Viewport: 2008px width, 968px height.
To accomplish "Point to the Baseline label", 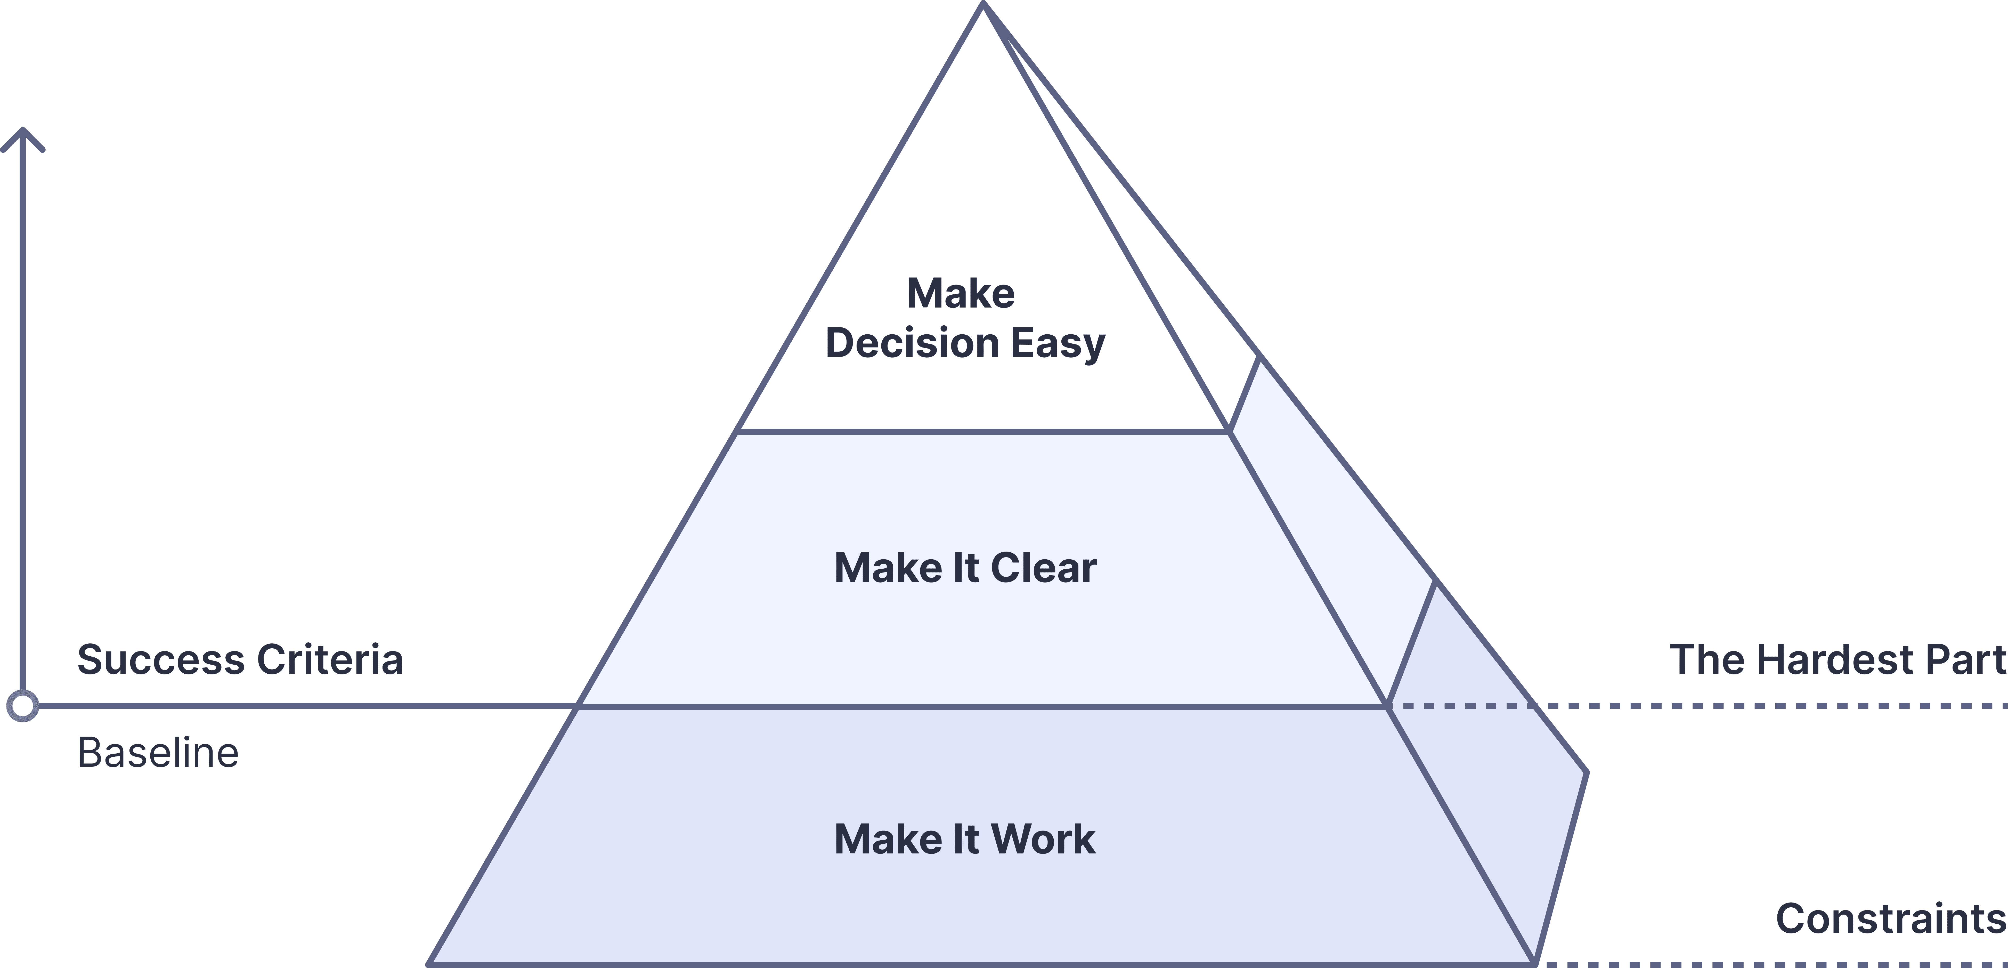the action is [x=157, y=753].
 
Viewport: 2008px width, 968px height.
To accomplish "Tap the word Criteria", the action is [x=330, y=659].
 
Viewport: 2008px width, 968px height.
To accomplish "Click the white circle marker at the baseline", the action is [x=23, y=706].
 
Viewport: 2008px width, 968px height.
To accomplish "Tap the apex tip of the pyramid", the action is [x=984, y=8].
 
